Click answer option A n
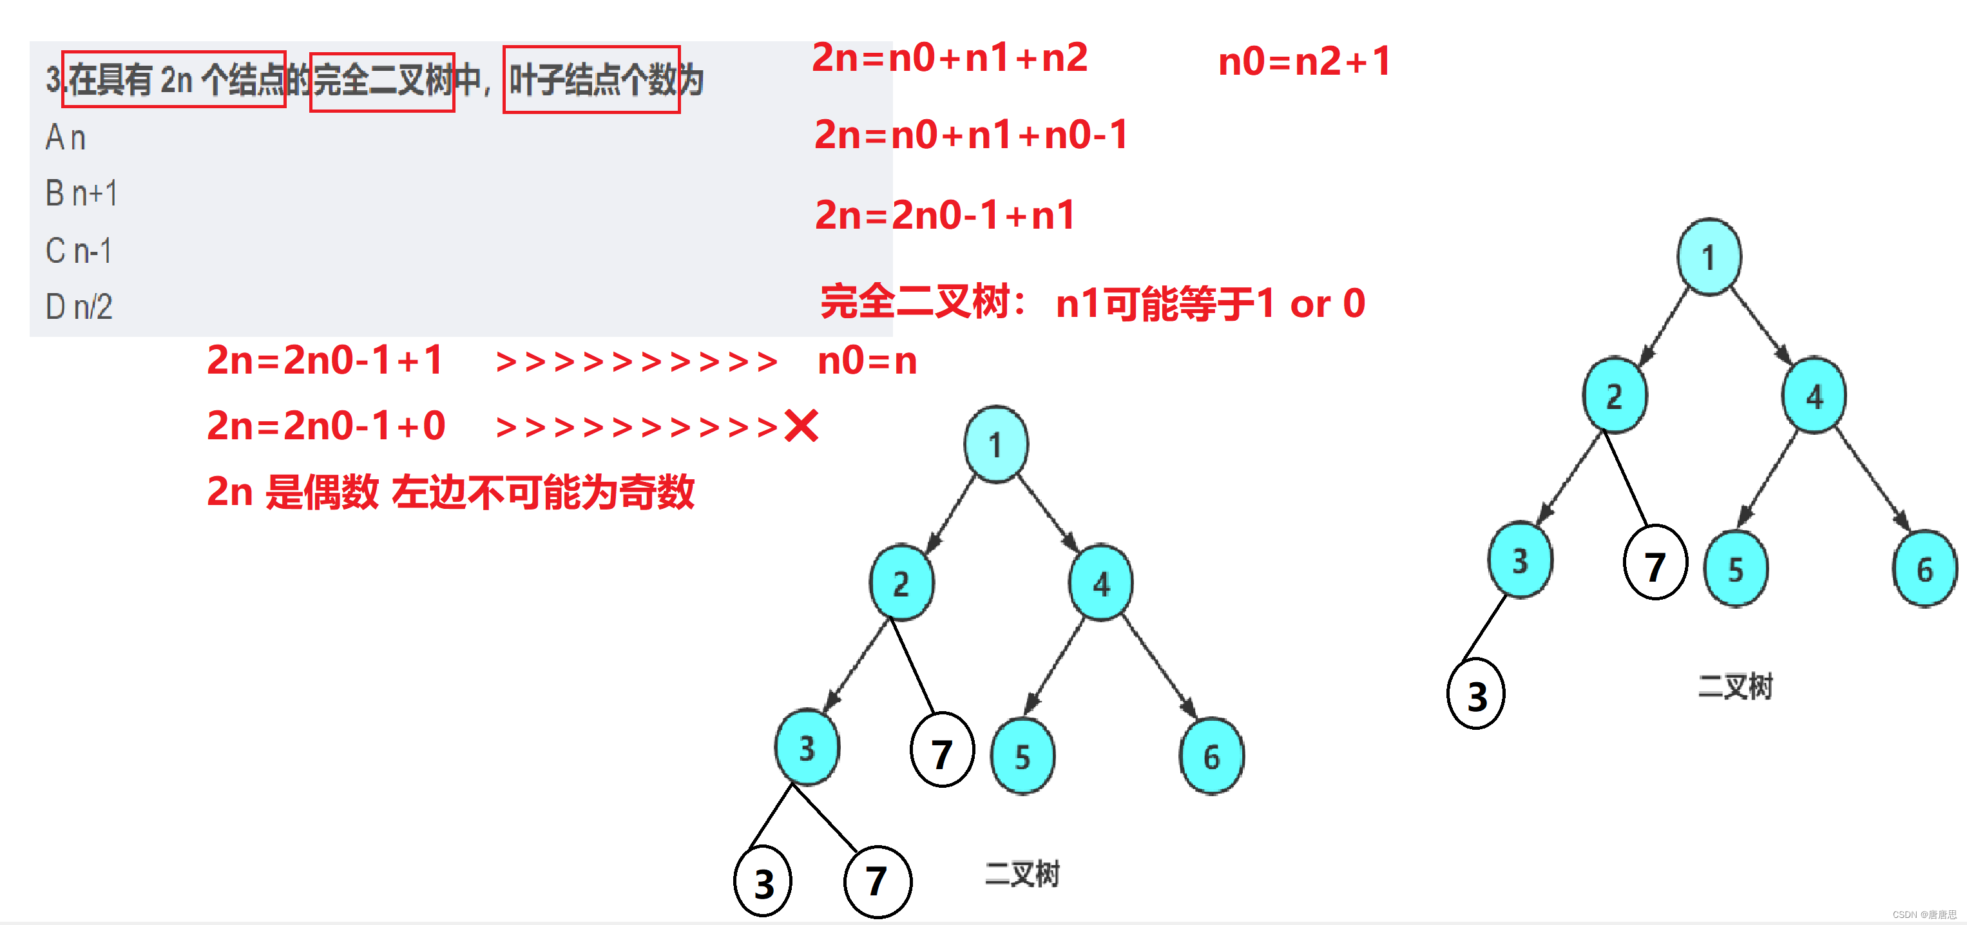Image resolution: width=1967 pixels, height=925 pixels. point(66,138)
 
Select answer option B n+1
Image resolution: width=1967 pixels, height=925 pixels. point(82,194)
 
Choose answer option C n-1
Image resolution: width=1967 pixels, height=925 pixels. point(79,251)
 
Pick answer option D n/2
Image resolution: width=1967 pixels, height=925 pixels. point(79,307)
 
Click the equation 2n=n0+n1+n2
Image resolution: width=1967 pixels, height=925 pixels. point(949,58)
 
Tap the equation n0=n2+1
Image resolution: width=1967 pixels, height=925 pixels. point(1304,61)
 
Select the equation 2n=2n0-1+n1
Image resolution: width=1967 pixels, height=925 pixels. point(945,215)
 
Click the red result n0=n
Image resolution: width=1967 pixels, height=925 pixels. point(867,360)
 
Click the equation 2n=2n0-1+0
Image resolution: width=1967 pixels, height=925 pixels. point(326,426)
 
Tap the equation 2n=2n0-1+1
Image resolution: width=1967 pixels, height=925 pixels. point(325,360)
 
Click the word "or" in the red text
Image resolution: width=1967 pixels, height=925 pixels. point(1310,305)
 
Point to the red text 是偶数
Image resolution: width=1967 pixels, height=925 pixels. point(321,492)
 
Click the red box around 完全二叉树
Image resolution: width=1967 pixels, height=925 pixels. point(382,82)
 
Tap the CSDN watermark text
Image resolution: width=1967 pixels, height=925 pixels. point(1924,914)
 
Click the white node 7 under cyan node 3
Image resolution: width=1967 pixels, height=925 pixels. point(878,881)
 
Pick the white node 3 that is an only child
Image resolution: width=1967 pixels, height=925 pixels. point(1476,694)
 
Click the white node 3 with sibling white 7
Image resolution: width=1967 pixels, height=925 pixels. point(763,883)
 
